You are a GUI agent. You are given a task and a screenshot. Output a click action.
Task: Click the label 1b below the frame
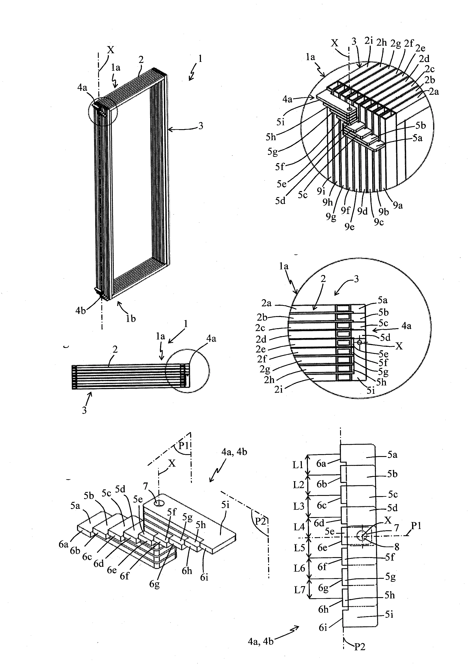[130, 318]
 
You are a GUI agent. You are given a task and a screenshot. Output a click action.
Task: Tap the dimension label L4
[299, 527]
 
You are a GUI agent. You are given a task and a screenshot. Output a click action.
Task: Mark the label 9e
[349, 227]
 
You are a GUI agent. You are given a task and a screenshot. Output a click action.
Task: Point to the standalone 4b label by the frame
[81, 311]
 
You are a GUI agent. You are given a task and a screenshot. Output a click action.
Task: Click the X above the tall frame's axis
[110, 50]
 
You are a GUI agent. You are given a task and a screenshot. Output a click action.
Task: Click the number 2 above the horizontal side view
[115, 350]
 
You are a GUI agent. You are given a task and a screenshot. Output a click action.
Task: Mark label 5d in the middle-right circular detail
[385, 337]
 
